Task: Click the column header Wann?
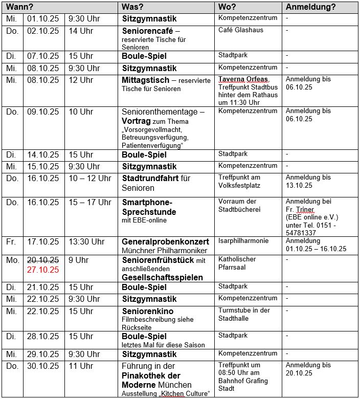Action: pyautogui.click(x=20, y=7)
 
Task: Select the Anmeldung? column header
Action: pyautogui.click(x=310, y=7)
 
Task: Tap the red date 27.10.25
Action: pyautogui.click(x=43, y=270)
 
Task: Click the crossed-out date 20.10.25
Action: pyautogui.click(x=43, y=260)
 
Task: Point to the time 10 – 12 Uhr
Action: pyautogui.click(x=90, y=179)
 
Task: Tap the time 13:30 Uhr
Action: pyautogui.click(x=86, y=241)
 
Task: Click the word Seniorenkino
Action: pyautogui.click(x=147, y=311)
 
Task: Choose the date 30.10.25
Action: pyautogui.click(x=43, y=366)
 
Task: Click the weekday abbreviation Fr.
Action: pyautogui.click(x=11, y=241)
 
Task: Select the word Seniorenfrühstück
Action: pyautogui.click(x=157, y=260)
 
